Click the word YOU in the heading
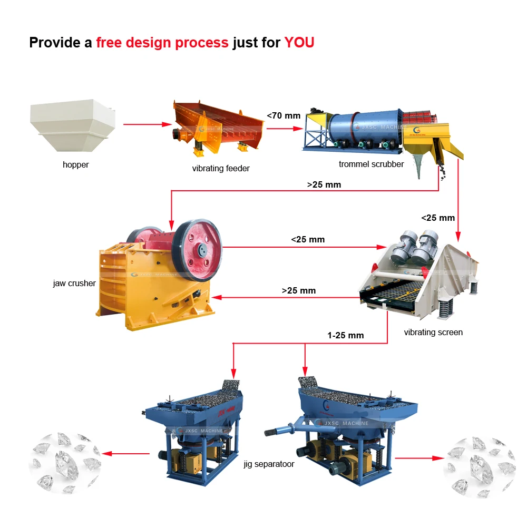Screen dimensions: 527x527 pos(299,43)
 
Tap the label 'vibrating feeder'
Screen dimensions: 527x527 pos(221,168)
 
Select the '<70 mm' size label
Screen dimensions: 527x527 pos(283,115)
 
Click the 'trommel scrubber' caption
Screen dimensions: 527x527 pos(371,164)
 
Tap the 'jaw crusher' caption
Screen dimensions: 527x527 pos(74,283)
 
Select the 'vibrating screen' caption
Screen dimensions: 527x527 pos(433,332)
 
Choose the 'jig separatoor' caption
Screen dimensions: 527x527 pos(269,464)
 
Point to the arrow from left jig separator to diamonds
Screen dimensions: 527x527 pos(126,453)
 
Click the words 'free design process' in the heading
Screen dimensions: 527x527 pos(162,43)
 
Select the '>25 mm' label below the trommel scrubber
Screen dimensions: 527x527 pos(324,184)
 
